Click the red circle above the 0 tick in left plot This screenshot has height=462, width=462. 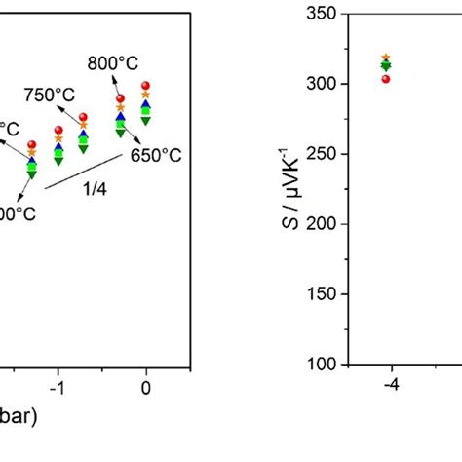146,87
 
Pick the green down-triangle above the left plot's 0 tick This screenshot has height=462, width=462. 146,119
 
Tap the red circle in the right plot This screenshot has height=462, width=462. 386,79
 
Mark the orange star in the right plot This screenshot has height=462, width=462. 386,58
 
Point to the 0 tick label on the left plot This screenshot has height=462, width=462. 146,388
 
